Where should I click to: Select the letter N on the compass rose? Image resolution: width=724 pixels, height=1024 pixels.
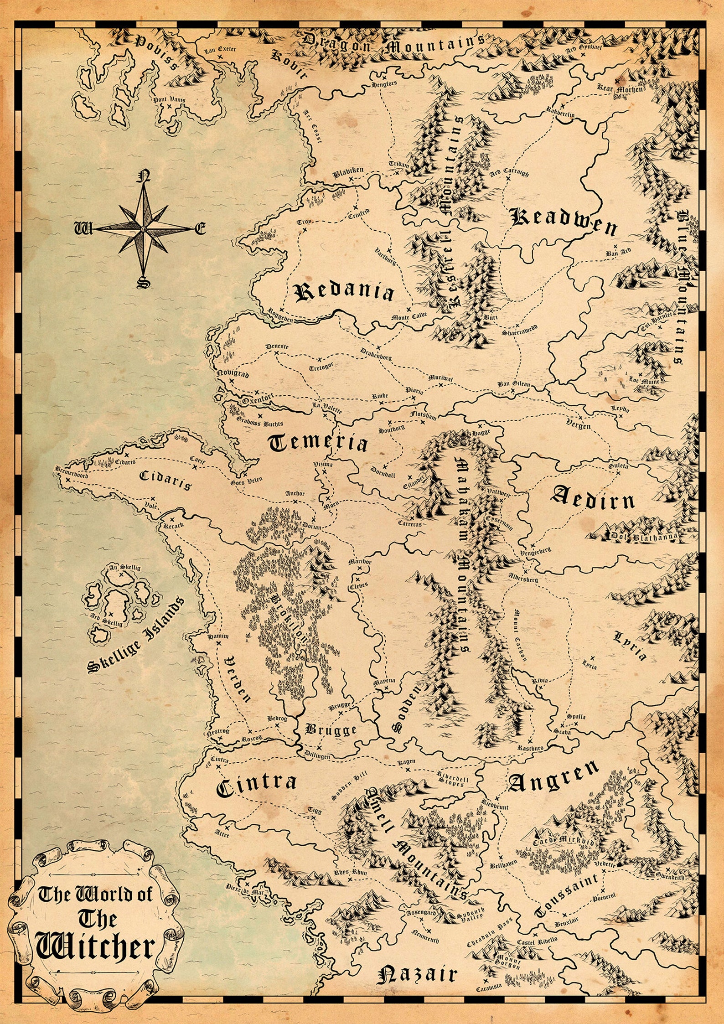(x=145, y=176)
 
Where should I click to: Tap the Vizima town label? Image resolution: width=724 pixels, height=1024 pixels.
(x=324, y=464)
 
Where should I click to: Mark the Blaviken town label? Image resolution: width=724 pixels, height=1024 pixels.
(x=348, y=171)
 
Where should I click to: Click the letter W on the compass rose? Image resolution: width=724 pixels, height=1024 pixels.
(x=83, y=228)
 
